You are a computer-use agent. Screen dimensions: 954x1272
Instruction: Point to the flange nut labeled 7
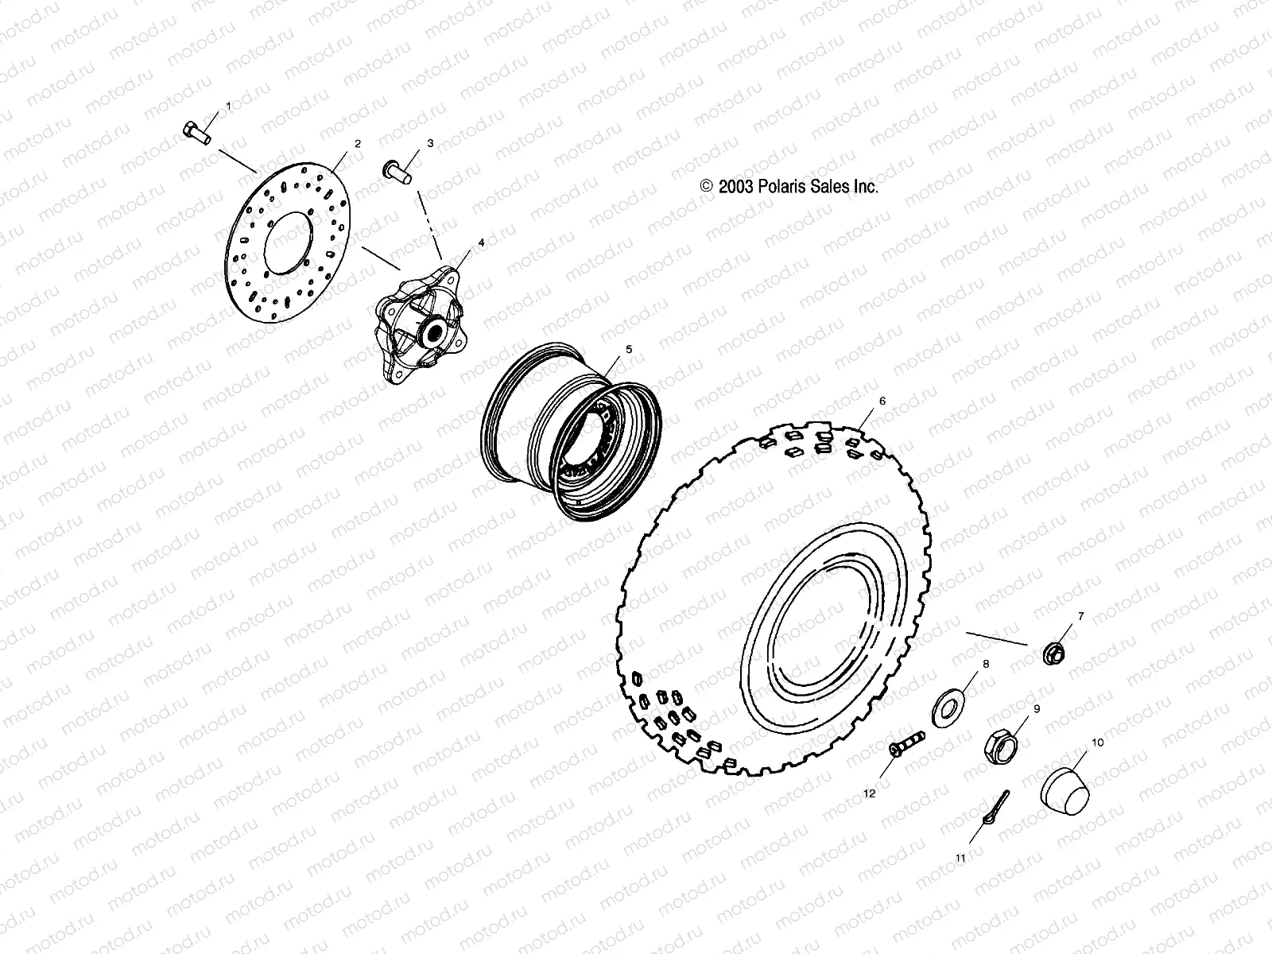[1054, 653]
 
